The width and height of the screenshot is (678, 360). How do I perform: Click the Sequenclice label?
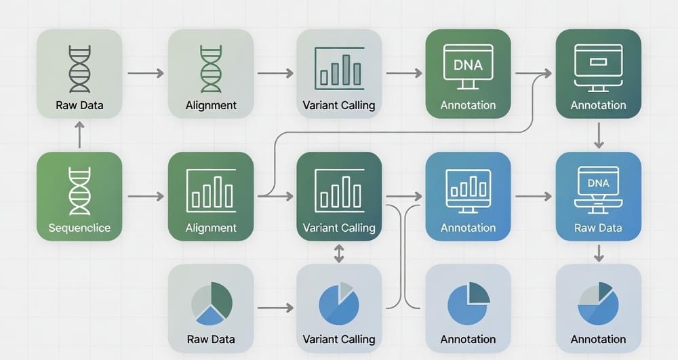[79, 228]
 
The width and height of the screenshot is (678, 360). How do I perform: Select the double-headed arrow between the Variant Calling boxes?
[340, 254]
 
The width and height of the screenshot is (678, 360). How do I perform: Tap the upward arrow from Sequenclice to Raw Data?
[79, 135]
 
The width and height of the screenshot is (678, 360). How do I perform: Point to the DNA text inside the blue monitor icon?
[598, 183]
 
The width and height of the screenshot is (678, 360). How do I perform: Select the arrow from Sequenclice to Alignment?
[146, 197]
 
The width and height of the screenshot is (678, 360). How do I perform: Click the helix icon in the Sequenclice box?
[79, 191]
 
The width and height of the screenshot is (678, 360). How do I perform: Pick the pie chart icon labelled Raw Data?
[212, 302]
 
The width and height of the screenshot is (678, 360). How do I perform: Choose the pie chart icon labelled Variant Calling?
[339, 302]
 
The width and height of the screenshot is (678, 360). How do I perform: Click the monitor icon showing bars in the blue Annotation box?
[468, 191]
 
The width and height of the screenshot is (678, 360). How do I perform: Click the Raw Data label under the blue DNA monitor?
[598, 228]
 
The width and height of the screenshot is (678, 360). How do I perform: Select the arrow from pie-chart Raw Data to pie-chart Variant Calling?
[275, 308]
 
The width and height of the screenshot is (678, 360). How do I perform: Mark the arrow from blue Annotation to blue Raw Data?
[533, 197]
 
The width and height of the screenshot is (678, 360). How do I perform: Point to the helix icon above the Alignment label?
[211, 69]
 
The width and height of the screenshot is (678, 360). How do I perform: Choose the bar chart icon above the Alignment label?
[211, 190]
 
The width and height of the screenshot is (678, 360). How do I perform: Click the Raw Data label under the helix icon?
[79, 106]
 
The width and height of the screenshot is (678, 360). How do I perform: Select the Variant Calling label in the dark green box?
[339, 228]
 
